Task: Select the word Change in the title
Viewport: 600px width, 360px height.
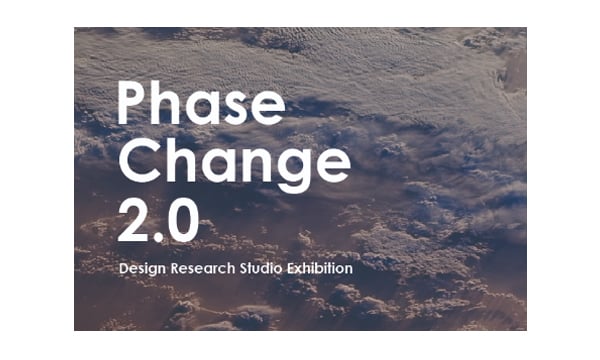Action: (x=234, y=163)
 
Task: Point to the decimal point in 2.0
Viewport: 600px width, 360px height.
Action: (x=157, y=238)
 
